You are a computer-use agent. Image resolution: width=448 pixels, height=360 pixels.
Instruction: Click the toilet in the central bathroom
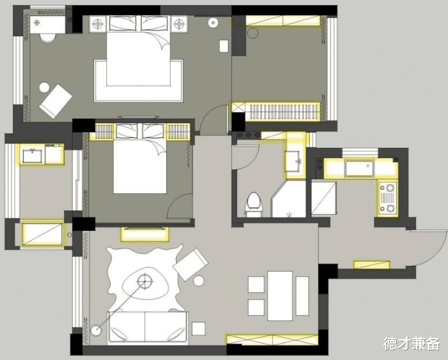253,203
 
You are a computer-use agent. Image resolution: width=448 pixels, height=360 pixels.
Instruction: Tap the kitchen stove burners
388,198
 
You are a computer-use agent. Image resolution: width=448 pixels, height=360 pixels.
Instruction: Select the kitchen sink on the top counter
358,169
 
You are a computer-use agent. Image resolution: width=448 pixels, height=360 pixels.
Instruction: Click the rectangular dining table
280,295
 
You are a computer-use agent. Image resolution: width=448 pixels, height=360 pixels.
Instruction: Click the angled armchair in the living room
191,265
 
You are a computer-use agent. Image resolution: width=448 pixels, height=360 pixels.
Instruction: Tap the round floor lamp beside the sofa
97,330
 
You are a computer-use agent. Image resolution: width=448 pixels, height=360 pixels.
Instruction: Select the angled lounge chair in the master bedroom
56,100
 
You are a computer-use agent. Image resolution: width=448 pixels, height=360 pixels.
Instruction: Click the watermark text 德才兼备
412,342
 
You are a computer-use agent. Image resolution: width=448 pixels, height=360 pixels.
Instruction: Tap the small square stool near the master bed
224,46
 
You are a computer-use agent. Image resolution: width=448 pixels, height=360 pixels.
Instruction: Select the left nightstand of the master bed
98,24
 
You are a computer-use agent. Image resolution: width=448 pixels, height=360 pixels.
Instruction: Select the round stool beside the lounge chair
45,87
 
